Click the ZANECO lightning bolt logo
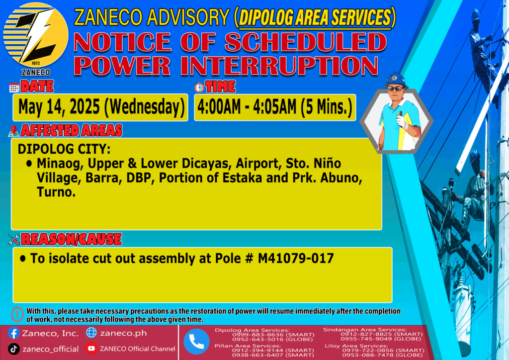36,35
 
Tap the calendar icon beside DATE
14,88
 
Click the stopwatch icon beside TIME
199,87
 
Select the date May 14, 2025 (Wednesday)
101,107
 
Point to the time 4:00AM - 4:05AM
247,107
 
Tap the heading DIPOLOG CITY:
64,149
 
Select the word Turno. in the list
56,192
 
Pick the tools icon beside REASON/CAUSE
14,240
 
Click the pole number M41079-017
296,259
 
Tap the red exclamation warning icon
17,314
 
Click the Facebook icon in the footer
13,333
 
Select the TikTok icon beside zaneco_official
13,349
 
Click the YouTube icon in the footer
91,348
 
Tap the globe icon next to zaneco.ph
91,333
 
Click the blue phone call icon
196,342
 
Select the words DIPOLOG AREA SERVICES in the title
315,17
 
